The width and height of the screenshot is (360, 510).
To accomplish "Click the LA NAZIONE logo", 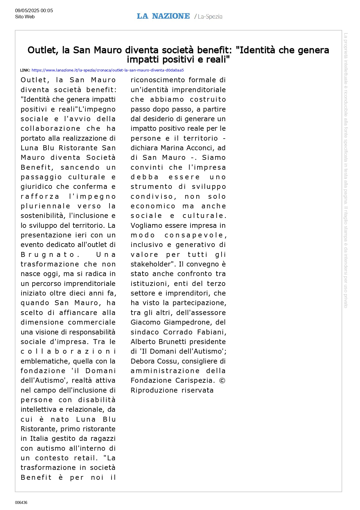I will [x=163, y=16].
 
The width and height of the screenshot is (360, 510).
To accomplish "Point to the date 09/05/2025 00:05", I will [x=34, y=11].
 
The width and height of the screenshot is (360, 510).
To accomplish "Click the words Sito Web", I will [x=25, y=17].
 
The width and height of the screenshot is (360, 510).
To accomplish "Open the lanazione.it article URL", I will [x=107, y=70].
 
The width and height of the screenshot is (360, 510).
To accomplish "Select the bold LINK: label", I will [x=25, y=70].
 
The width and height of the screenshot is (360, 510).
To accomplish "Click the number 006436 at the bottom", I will [x=21, y=502].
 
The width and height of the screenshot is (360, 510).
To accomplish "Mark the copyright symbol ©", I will [x=222, y=381].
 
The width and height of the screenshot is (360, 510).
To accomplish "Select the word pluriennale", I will [x=45, y=206].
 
